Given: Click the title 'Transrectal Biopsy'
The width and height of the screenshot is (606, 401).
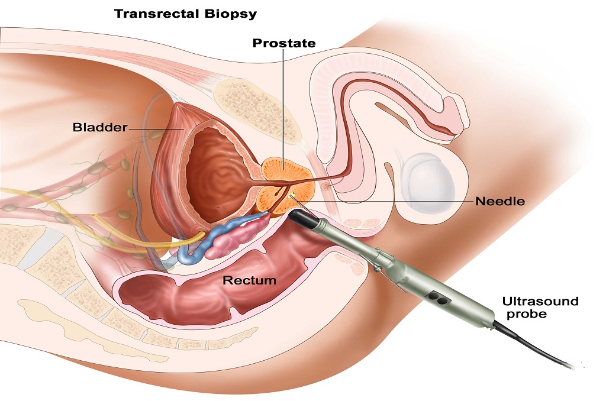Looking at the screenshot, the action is (185, 14).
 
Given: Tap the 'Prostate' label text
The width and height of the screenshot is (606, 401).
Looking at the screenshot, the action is (284, 43).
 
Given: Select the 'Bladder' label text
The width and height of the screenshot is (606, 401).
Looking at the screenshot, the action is (100, 127).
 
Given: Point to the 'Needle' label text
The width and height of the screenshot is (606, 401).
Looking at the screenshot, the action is (500, 201).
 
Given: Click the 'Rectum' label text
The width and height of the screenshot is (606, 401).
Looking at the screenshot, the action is (250, 280).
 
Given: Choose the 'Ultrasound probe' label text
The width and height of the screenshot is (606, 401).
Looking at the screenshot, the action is (540, 307).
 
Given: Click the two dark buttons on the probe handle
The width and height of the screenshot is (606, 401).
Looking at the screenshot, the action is (439, 298).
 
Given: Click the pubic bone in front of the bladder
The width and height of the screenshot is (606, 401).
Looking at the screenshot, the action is (257, 110).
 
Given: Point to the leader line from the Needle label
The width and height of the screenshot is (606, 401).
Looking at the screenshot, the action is (385, 202).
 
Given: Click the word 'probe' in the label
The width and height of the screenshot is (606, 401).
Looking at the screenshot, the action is (527, 313).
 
